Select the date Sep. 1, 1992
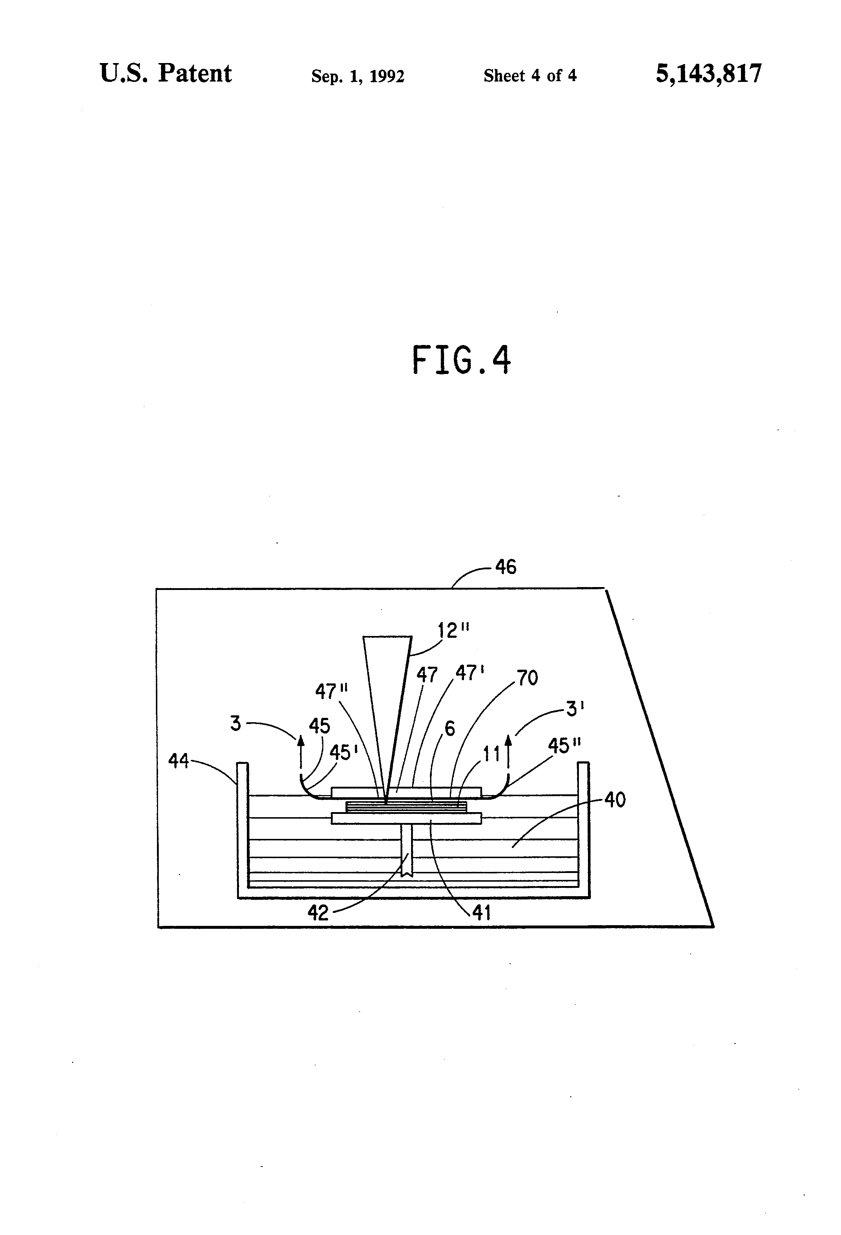point(358,76)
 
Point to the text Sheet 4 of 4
point(530,76)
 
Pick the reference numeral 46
point(506,567)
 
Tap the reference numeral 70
point(527,678)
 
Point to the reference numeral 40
point(615,800)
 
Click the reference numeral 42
point(318,913)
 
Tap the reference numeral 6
point(450,728)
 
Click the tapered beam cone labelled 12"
point(387,691)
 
